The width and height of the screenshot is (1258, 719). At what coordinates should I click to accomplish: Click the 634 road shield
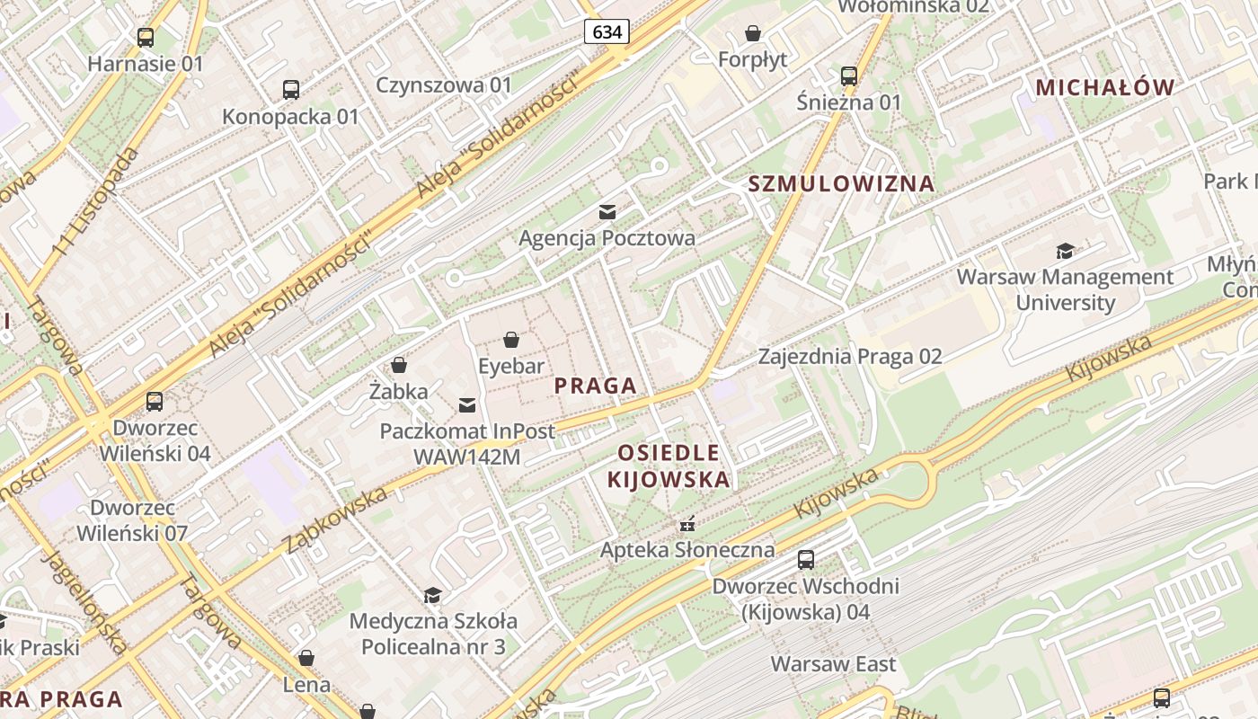click(607, 32)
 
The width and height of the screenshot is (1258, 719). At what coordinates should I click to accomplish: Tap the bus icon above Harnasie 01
click(146, 38)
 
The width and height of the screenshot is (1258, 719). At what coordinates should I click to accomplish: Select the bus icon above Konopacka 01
click(290, 90)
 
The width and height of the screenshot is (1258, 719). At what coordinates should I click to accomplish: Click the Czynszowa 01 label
click(444, 85)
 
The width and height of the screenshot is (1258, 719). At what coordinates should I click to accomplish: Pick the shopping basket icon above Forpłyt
click(752, 34)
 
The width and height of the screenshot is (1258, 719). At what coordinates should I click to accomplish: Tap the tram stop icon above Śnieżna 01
click(848, 76)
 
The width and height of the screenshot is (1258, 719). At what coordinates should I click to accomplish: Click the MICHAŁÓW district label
click(1105, 87)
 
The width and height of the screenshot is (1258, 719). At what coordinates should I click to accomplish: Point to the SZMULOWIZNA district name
click(841, 184)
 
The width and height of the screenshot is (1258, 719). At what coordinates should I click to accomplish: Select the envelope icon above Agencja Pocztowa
click(607, 212)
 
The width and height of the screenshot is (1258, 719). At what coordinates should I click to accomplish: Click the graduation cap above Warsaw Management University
click(1065, 251)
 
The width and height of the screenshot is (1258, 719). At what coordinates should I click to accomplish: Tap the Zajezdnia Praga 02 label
click(850, 357)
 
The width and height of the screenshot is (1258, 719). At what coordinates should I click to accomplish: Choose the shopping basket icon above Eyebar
click(510, 340)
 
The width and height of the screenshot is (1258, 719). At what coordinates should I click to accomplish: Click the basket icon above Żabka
click(399, 365)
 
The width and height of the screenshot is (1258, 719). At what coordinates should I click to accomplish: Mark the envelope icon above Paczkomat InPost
click(467, 405)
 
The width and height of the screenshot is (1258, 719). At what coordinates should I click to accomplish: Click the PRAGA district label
click(595, 386)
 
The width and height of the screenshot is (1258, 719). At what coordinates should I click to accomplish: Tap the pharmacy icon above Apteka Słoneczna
click(687, 523)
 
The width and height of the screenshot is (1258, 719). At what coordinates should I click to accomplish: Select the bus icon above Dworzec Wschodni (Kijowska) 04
click(806, 560)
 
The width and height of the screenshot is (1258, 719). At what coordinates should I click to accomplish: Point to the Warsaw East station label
click(833, 665)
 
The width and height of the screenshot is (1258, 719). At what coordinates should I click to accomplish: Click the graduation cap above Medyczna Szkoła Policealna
click(432, 595)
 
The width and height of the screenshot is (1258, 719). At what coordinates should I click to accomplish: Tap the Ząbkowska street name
click(335, 519)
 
